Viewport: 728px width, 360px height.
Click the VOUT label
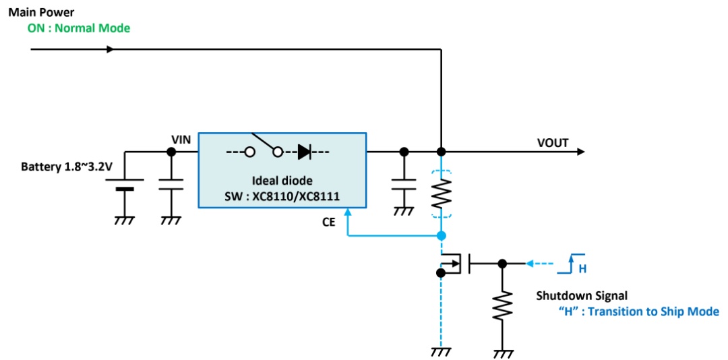(x=553, y=143)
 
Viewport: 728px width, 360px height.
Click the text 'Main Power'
(x=41, y=11)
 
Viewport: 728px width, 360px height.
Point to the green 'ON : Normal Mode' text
(x=79, y=28)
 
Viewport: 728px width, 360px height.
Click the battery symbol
(x=125, y=185)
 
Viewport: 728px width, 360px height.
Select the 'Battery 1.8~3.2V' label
(x=67, y=167)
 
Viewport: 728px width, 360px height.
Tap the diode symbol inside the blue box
(x=305, y=152)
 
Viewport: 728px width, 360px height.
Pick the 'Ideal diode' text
(x=282, y=181)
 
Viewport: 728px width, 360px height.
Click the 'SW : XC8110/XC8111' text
(x=282, y=196)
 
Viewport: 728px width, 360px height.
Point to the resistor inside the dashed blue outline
(x=441, y=193)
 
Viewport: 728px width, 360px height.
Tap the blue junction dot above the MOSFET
(x=441, y=235)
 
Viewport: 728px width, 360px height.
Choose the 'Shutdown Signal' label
(x=575, y=295)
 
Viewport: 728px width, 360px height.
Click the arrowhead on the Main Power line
(x=110, y=49)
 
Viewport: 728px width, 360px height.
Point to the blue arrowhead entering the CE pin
(x=348, y=212)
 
